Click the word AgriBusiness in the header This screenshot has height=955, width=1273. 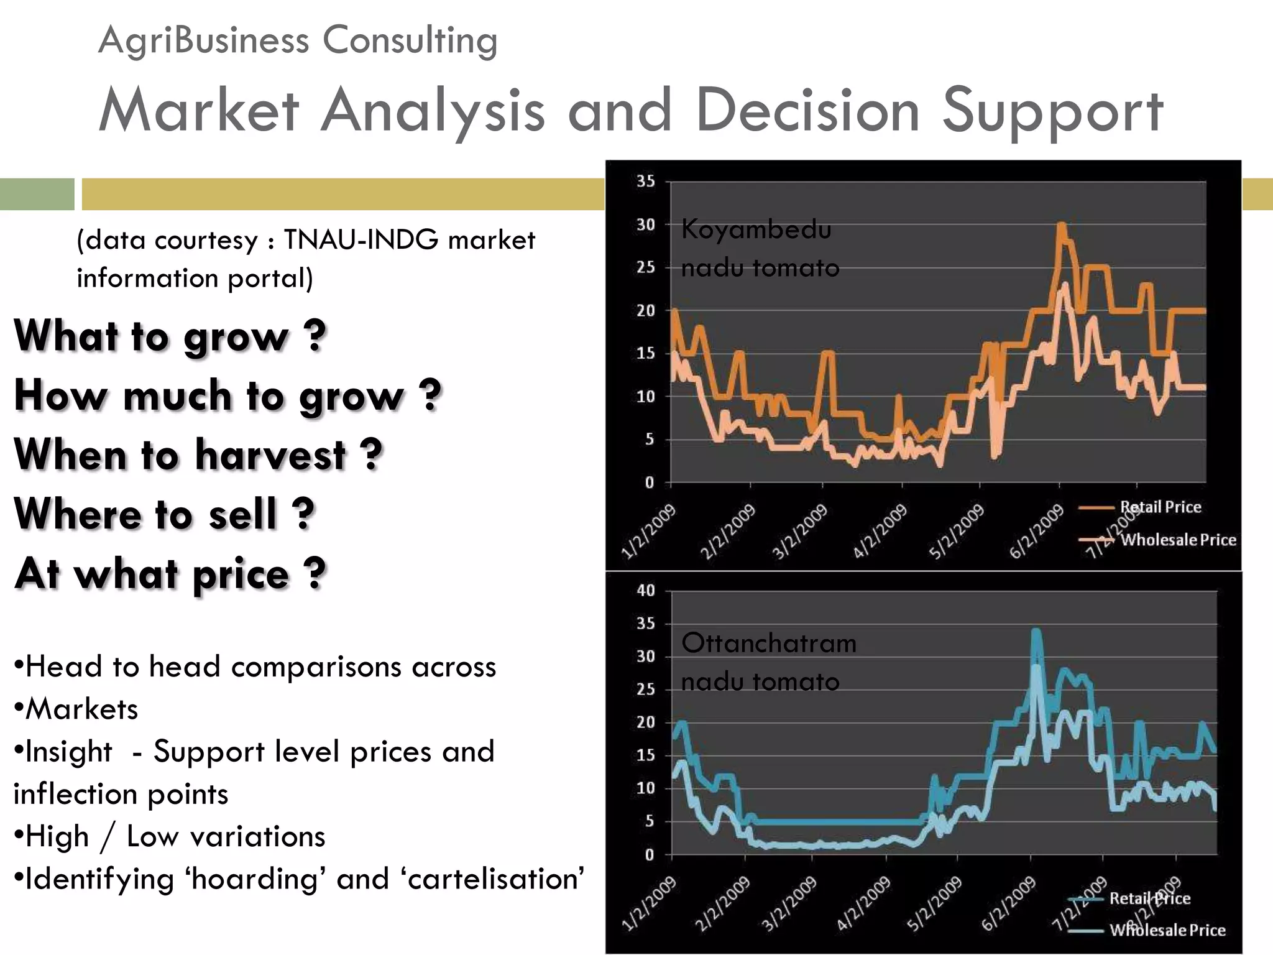[x=203, y=41]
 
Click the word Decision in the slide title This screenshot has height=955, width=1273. [x=807, y=111]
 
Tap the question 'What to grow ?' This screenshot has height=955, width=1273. [x=170, y=336]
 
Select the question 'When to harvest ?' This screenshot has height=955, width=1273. [x=198, y=454]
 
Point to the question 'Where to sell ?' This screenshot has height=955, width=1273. [x=164, y=514]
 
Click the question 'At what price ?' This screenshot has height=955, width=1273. [x=170, y=573]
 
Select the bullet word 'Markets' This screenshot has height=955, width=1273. [x=81, y=709]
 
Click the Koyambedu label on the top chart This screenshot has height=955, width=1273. [x=756, y=229]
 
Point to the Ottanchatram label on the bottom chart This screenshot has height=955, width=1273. [x=768, y=643]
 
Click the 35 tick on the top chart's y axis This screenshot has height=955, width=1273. [x=645, y=181]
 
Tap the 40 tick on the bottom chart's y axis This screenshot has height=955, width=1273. [x=645, y=590]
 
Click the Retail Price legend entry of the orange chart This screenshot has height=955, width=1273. [x=1160, y=507]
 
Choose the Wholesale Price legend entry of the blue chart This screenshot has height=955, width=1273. [x=1167, y=930]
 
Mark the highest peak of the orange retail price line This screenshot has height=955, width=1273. [x=1061, y=224]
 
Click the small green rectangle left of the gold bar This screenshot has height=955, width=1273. [x=37, y=194]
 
